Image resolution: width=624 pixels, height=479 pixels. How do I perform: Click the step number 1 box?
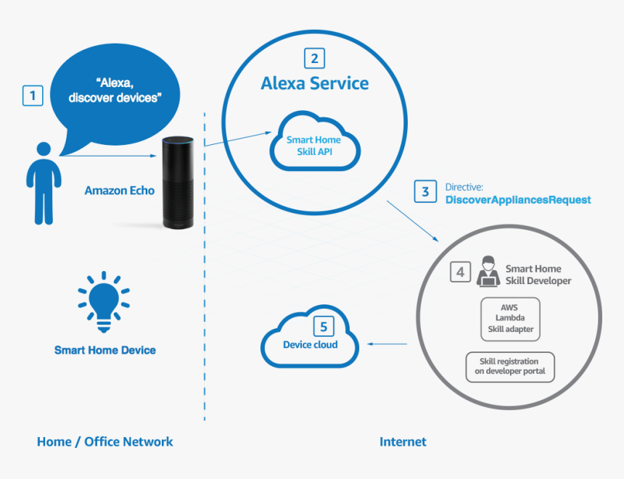[33, 96]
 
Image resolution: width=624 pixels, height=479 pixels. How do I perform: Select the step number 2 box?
[313, 58]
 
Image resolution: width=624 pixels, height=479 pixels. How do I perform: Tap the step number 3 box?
[425, 192]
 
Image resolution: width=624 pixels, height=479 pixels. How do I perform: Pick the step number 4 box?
[460, 272]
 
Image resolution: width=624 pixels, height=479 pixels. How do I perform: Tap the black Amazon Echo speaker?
[179, 183]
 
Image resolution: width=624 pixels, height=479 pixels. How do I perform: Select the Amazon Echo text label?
[119, 191]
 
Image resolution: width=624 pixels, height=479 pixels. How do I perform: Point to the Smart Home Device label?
[105, 350]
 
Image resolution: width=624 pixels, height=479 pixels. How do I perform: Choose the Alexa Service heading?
[314, 83]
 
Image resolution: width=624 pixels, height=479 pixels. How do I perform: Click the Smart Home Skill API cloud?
[314, 145]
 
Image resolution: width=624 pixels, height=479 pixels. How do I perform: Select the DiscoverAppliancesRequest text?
[518, 199]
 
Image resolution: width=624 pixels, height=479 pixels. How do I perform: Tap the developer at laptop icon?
[488, 272]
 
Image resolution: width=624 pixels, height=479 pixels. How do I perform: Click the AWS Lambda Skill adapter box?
[510, 318]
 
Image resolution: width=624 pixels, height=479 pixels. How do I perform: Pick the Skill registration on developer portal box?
[510, 367]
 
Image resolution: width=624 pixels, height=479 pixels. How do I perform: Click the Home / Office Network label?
[105, 441]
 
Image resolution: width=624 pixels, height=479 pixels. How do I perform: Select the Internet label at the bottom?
[403, 441]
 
